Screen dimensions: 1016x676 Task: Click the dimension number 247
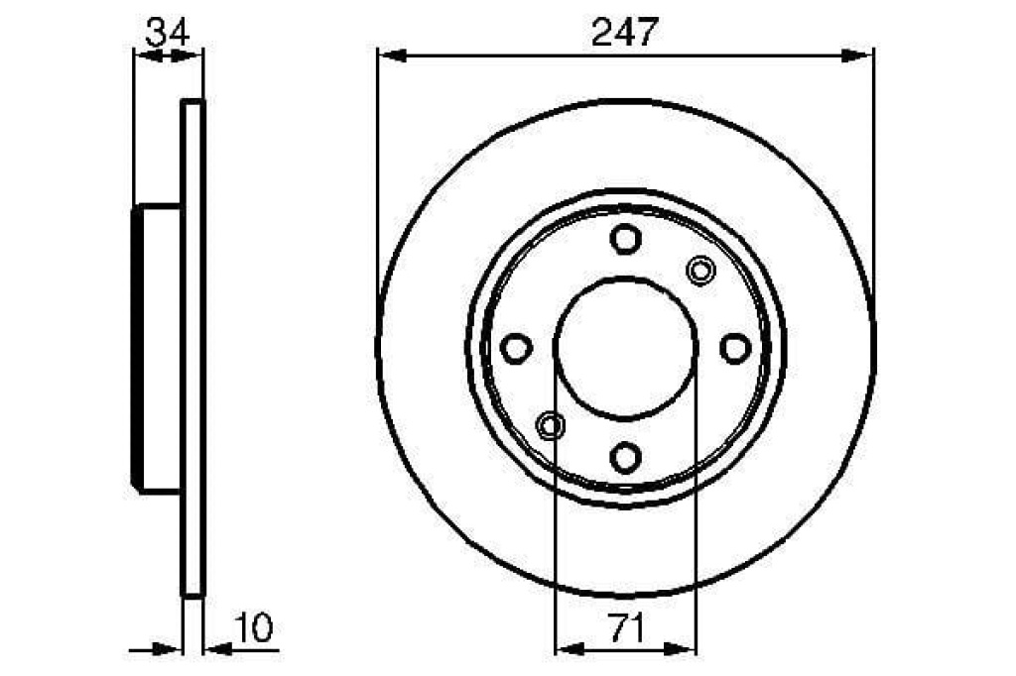(625, 32)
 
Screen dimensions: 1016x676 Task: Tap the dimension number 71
(626, 628)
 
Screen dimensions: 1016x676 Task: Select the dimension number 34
(167, 32)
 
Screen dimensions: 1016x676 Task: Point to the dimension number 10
(254, 627)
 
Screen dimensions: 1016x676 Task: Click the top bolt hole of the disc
(625, 238)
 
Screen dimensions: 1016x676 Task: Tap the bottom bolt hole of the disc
(625, 457)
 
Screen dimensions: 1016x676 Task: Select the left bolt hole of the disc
(516, 348)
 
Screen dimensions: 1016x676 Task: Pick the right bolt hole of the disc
(735, 348)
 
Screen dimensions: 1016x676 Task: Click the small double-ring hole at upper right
(700, 270)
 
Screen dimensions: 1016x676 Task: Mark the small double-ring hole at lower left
(550, 425)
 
